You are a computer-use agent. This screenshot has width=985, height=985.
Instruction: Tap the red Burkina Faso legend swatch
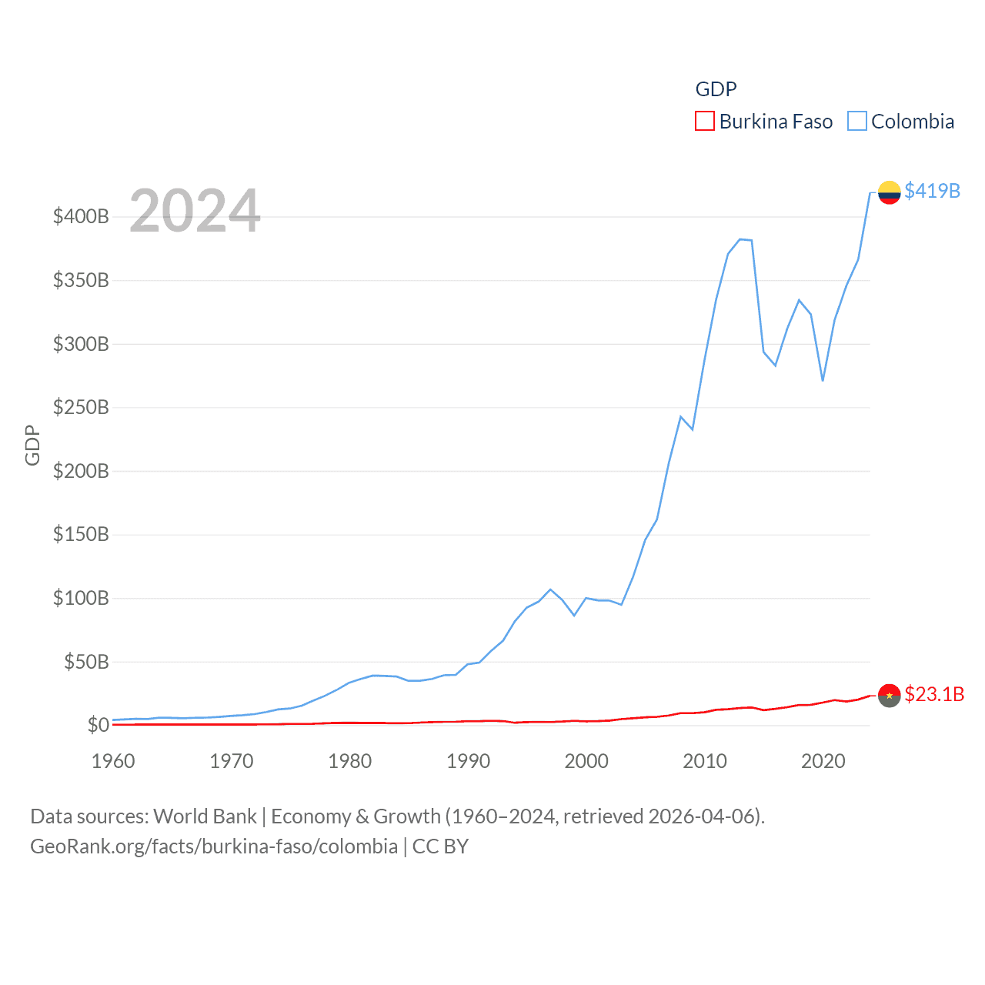(x=704, y=122)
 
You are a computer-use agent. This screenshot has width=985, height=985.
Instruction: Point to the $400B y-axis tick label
(x=81, y=216)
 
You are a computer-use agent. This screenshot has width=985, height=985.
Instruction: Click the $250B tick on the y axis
(x=81, y=407)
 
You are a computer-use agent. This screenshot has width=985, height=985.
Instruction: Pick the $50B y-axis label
(x=86, y=662)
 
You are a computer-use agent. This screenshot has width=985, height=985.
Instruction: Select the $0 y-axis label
(x=98, y=725)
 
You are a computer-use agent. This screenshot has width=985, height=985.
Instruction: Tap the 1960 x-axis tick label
(x=113, y=761)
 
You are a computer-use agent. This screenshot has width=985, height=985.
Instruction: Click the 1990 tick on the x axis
(x=468, y=761)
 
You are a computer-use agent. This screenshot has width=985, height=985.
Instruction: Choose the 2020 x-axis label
(x=823, y=761)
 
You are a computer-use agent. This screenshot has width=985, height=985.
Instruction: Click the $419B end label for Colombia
(x=932, y=191)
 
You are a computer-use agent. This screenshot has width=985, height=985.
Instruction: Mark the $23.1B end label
(x=934, y=694)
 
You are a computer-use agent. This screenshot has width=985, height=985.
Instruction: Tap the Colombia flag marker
(x=889, y=192)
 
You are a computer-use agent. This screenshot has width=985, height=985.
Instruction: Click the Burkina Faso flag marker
(x=889, y=695)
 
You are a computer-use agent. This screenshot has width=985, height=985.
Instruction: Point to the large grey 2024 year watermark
(x=195, y=211)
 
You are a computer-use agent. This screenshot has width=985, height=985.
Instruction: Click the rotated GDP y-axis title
(x=32, y=445)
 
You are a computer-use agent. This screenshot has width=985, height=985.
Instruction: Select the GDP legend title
(x=716, y=89)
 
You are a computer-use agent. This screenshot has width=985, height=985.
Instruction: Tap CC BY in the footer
(x=440, y=846)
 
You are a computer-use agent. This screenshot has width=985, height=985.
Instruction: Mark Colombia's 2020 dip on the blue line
(x=823, y=380)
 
